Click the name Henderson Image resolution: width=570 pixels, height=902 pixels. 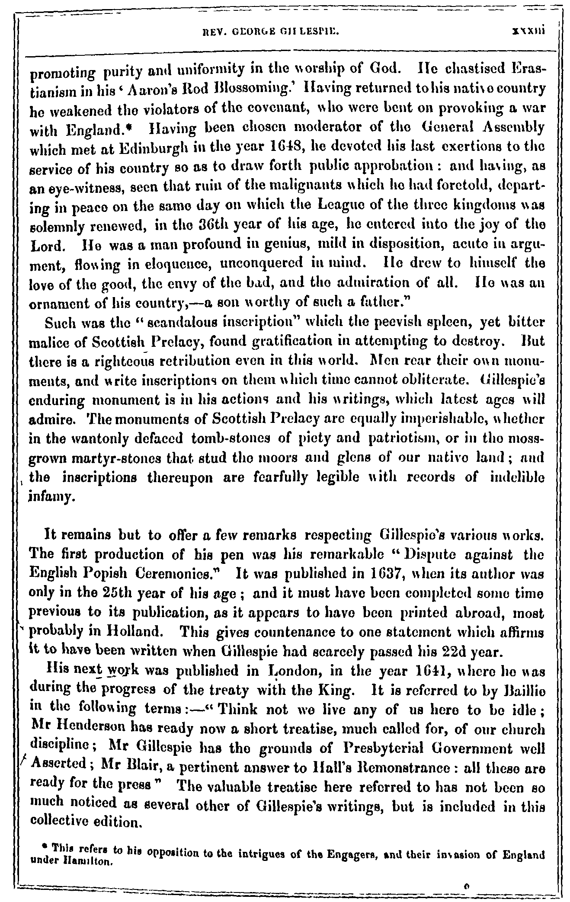pyautogui.click(x=90, y=730)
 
